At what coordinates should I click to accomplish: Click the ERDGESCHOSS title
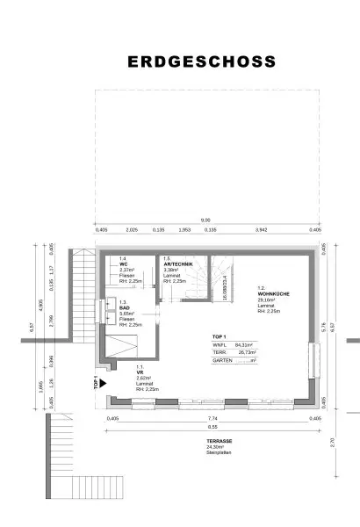click(202, 62)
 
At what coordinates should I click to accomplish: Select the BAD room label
click(126, 308)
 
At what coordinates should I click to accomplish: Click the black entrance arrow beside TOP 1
click(103, 383)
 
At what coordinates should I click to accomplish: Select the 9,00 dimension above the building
click(205, 220)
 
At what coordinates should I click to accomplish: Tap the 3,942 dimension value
click(260, 229)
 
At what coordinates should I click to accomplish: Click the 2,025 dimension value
click(132, 229)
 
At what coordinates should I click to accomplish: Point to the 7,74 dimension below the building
click(212, 419)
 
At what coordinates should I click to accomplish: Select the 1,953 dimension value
click(184, 229)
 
